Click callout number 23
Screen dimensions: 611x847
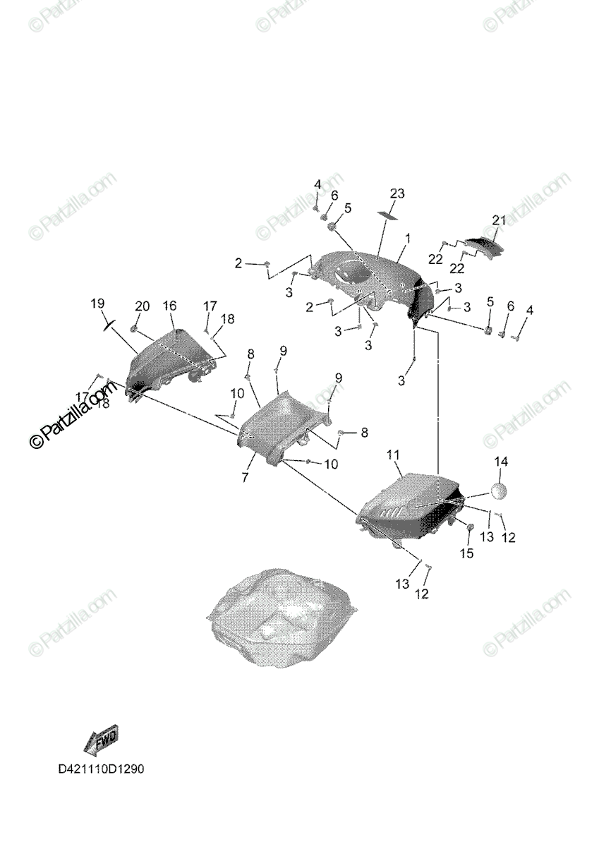coord(397,193)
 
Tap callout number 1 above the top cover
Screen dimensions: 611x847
coord(407,239)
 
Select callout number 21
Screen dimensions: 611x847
coord(500,221)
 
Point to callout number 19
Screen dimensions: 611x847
coord(97,304)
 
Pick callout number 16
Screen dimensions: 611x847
coord(169,306)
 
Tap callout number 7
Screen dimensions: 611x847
coord(244,478)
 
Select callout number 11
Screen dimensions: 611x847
coord(393,455)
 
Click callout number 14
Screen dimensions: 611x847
coord(500,462)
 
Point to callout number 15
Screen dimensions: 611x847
coord(467,553)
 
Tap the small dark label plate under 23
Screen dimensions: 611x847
coord(387,212)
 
